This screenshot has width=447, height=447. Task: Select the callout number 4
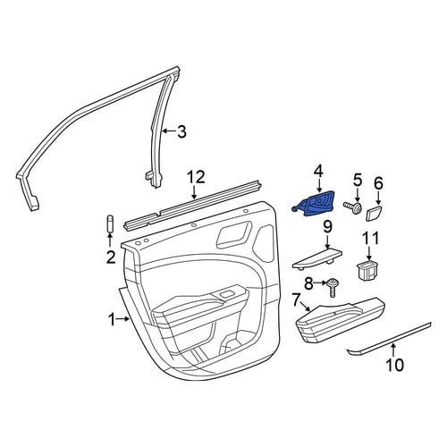point(318,172)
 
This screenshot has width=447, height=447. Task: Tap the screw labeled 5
point(352,207)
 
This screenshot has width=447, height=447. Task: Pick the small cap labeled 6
point(375,213)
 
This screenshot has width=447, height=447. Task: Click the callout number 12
point(197,177)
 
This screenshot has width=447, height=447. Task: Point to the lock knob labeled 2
point(110,223)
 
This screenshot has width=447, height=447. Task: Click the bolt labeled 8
point(332,287)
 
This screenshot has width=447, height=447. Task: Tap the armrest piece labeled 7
point(341,319)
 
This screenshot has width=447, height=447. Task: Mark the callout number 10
point(394,365)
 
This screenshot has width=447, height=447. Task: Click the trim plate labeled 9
point(317,257)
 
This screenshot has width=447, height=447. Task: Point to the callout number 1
point(112,320)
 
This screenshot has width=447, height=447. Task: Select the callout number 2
point(111,257)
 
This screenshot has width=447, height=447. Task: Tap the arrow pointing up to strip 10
point(393,350)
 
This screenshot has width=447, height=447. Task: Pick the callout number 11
point(371,239)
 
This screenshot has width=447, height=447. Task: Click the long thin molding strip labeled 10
point(389,338)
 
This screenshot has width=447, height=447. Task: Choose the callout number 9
point(327,228)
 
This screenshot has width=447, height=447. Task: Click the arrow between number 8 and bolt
point(320,283)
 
